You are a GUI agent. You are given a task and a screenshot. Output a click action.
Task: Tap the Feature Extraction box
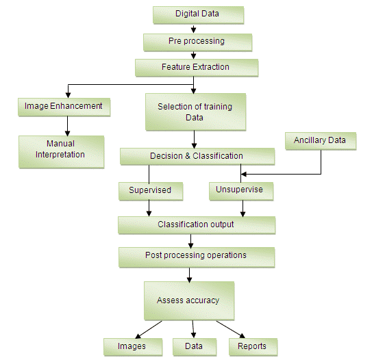(196, 68)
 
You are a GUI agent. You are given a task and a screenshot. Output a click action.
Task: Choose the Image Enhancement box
(63, 107)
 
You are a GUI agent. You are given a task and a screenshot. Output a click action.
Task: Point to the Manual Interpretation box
(60, 150)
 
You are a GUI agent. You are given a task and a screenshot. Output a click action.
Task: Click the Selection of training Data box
(195, 112)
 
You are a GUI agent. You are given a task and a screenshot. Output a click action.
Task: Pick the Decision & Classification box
(197, 157)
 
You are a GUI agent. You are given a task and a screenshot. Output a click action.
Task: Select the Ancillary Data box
(320, 141)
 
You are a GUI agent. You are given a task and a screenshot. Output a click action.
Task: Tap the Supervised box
(150, 190)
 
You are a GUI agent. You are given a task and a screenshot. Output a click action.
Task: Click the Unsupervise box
(240, 190)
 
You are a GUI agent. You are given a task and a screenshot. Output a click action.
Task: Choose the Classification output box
(196, 224)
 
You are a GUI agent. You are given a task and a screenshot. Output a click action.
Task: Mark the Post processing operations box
(196, 256)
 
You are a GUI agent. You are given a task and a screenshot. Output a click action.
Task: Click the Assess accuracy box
(189, 300)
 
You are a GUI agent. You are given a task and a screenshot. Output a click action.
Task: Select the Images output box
(133, 346)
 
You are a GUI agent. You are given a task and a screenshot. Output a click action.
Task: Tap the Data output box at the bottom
(194, 346)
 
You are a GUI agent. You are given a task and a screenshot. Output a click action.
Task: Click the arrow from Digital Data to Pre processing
(194, 28)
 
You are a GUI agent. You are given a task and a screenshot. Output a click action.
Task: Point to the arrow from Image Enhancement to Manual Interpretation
(67, 125)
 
